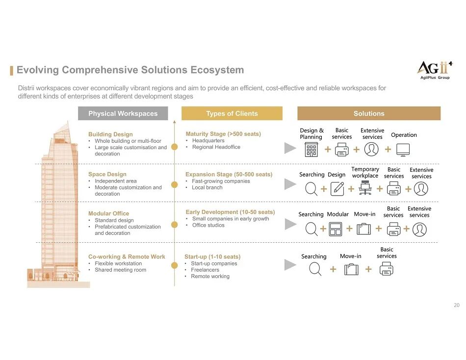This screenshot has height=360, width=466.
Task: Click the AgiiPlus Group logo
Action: point(433,70)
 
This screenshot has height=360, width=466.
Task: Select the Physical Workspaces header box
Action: point(123,113)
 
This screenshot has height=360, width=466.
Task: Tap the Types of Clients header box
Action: point(232,113)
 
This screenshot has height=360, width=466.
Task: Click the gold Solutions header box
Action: point(369,113)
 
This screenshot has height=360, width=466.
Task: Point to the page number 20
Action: point(457,306)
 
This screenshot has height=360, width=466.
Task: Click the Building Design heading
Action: point(110,134)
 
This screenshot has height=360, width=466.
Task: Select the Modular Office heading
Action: point(108,213)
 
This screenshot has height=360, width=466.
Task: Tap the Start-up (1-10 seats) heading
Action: point(212,257)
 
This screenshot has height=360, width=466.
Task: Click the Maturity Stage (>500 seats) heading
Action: point(223,134)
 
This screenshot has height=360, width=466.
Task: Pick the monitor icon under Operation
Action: point(403,150)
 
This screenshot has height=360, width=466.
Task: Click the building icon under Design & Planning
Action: point(311,150)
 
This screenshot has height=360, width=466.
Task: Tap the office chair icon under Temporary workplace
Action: point(365,188)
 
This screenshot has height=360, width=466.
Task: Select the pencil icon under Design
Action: point(337,188)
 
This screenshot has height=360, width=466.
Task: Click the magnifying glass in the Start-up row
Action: point(315,269)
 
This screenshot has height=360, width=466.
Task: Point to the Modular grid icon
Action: point(336,229)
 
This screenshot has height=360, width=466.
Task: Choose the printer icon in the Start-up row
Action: point(387,269)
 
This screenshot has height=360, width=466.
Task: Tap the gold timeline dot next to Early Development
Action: point(174,225)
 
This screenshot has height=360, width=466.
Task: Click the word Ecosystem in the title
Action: point(217,70)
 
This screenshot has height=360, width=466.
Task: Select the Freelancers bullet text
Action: point(205,270)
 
